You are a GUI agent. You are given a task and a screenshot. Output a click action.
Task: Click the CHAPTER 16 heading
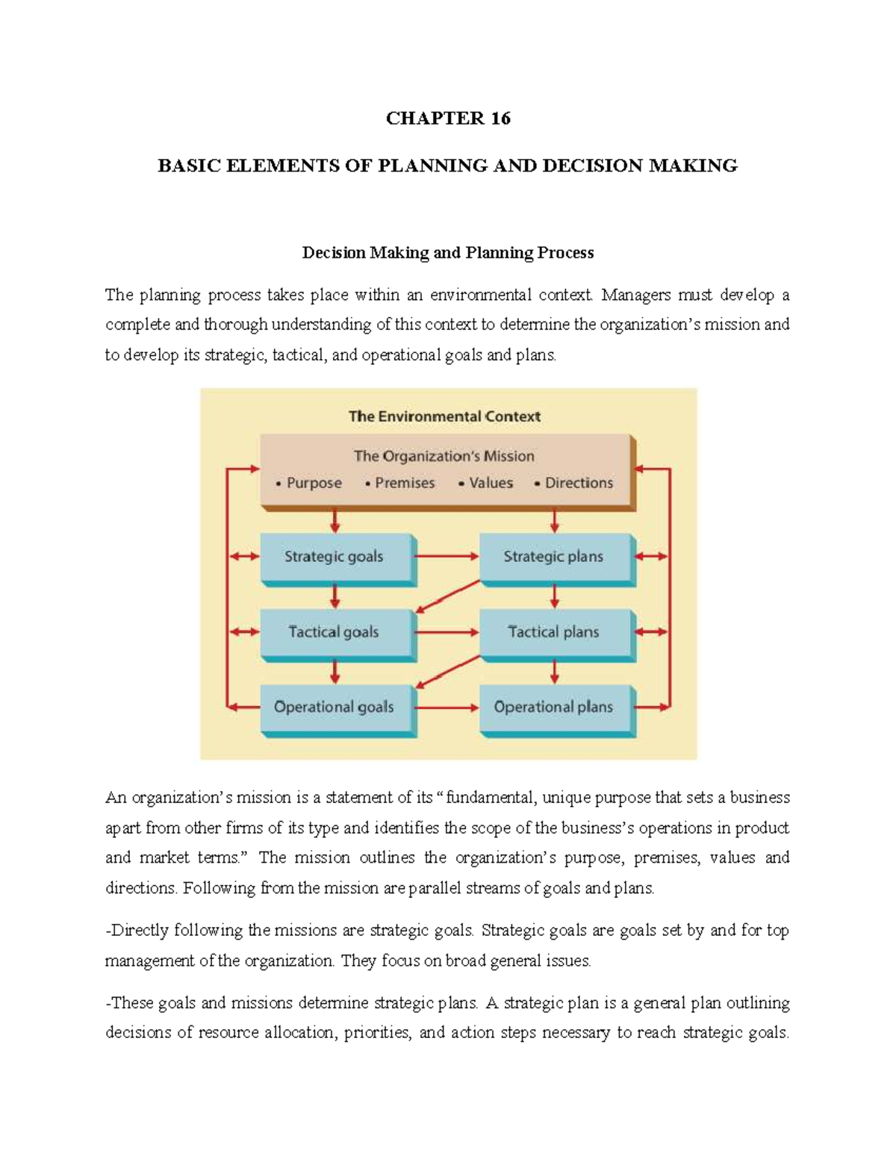click(448, 118)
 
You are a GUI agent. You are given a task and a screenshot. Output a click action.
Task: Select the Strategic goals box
click(335, 557)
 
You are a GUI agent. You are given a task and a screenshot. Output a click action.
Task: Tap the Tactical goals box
click(335, 632)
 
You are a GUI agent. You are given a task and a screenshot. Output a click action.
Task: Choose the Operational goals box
click(335, 707)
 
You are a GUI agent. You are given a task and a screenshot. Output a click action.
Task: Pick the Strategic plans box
click(554, 557)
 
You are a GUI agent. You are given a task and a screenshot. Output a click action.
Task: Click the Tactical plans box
click(554, 632)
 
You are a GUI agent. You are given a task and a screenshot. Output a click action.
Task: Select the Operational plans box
click(554, 707)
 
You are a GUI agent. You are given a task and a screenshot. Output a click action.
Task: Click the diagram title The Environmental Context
click(444, 416)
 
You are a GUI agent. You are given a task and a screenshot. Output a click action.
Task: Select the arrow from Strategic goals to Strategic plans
click(447, 557)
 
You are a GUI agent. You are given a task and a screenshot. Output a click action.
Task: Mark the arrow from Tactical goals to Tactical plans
click(447, 632)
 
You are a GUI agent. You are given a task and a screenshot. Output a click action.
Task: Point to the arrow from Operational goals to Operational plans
click(447, 707)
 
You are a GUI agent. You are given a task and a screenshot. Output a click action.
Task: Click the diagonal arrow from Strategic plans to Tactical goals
click(448, 595)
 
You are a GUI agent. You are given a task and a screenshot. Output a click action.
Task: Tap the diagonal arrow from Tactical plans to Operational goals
click(448, 670)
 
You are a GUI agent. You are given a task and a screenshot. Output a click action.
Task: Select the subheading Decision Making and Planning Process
click(448, 253)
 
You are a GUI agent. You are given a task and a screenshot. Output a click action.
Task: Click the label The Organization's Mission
click(444, 456)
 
